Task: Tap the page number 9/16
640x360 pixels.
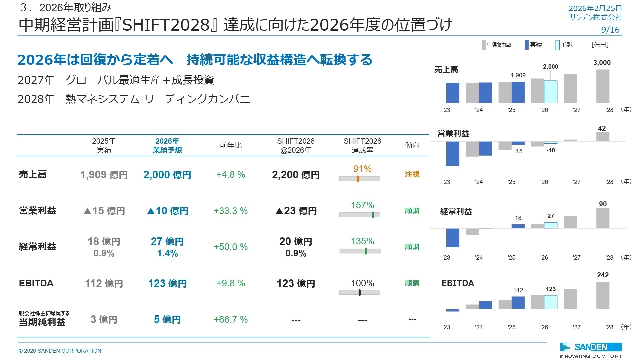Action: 610,30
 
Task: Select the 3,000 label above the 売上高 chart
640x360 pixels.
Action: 602,63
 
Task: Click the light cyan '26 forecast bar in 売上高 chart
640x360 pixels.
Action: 550,92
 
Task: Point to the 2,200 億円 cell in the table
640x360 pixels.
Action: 296,175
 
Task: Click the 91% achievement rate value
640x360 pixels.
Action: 362,169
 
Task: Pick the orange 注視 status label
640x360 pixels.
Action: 412,174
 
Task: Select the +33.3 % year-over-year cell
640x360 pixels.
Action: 231,211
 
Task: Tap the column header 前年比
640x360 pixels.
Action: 231,145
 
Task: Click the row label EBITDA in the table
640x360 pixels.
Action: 36,283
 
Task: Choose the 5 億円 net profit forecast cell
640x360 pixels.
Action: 167,319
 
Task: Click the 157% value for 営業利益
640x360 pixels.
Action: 362,205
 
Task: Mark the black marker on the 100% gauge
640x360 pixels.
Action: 359,292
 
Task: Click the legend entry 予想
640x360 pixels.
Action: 566,44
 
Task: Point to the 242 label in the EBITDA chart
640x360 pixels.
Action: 603,275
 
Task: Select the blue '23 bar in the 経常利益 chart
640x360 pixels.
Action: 453,238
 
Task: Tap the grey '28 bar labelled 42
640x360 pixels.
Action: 603,137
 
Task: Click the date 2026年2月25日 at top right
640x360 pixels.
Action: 595,8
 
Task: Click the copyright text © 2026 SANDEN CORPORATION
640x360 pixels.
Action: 60,351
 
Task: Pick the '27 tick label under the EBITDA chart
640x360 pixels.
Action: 576,327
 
